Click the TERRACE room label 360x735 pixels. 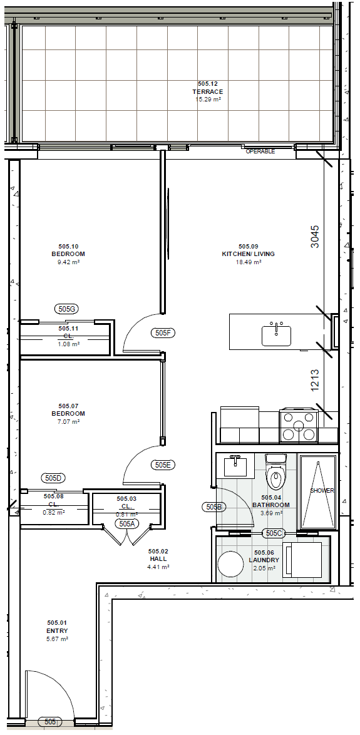click(x=207, y=92)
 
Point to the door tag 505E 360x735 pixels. click(x=163, y=465)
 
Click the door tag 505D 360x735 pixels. click(x=53, y=478)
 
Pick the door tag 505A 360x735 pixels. click(x=127, y=524)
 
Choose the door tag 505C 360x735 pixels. click(x=274, y=533)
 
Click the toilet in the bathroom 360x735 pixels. click(x=275, y=471)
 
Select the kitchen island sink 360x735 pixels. click(x=277, y=334)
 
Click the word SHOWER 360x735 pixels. click(x=322, y=491)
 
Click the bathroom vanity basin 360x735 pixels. click(x=236, y=465)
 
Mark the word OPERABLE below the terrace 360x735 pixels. click(x=260, y=152)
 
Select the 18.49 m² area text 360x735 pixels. click(x=249, y=262)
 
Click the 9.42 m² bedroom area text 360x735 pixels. click(x=68, y=262)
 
